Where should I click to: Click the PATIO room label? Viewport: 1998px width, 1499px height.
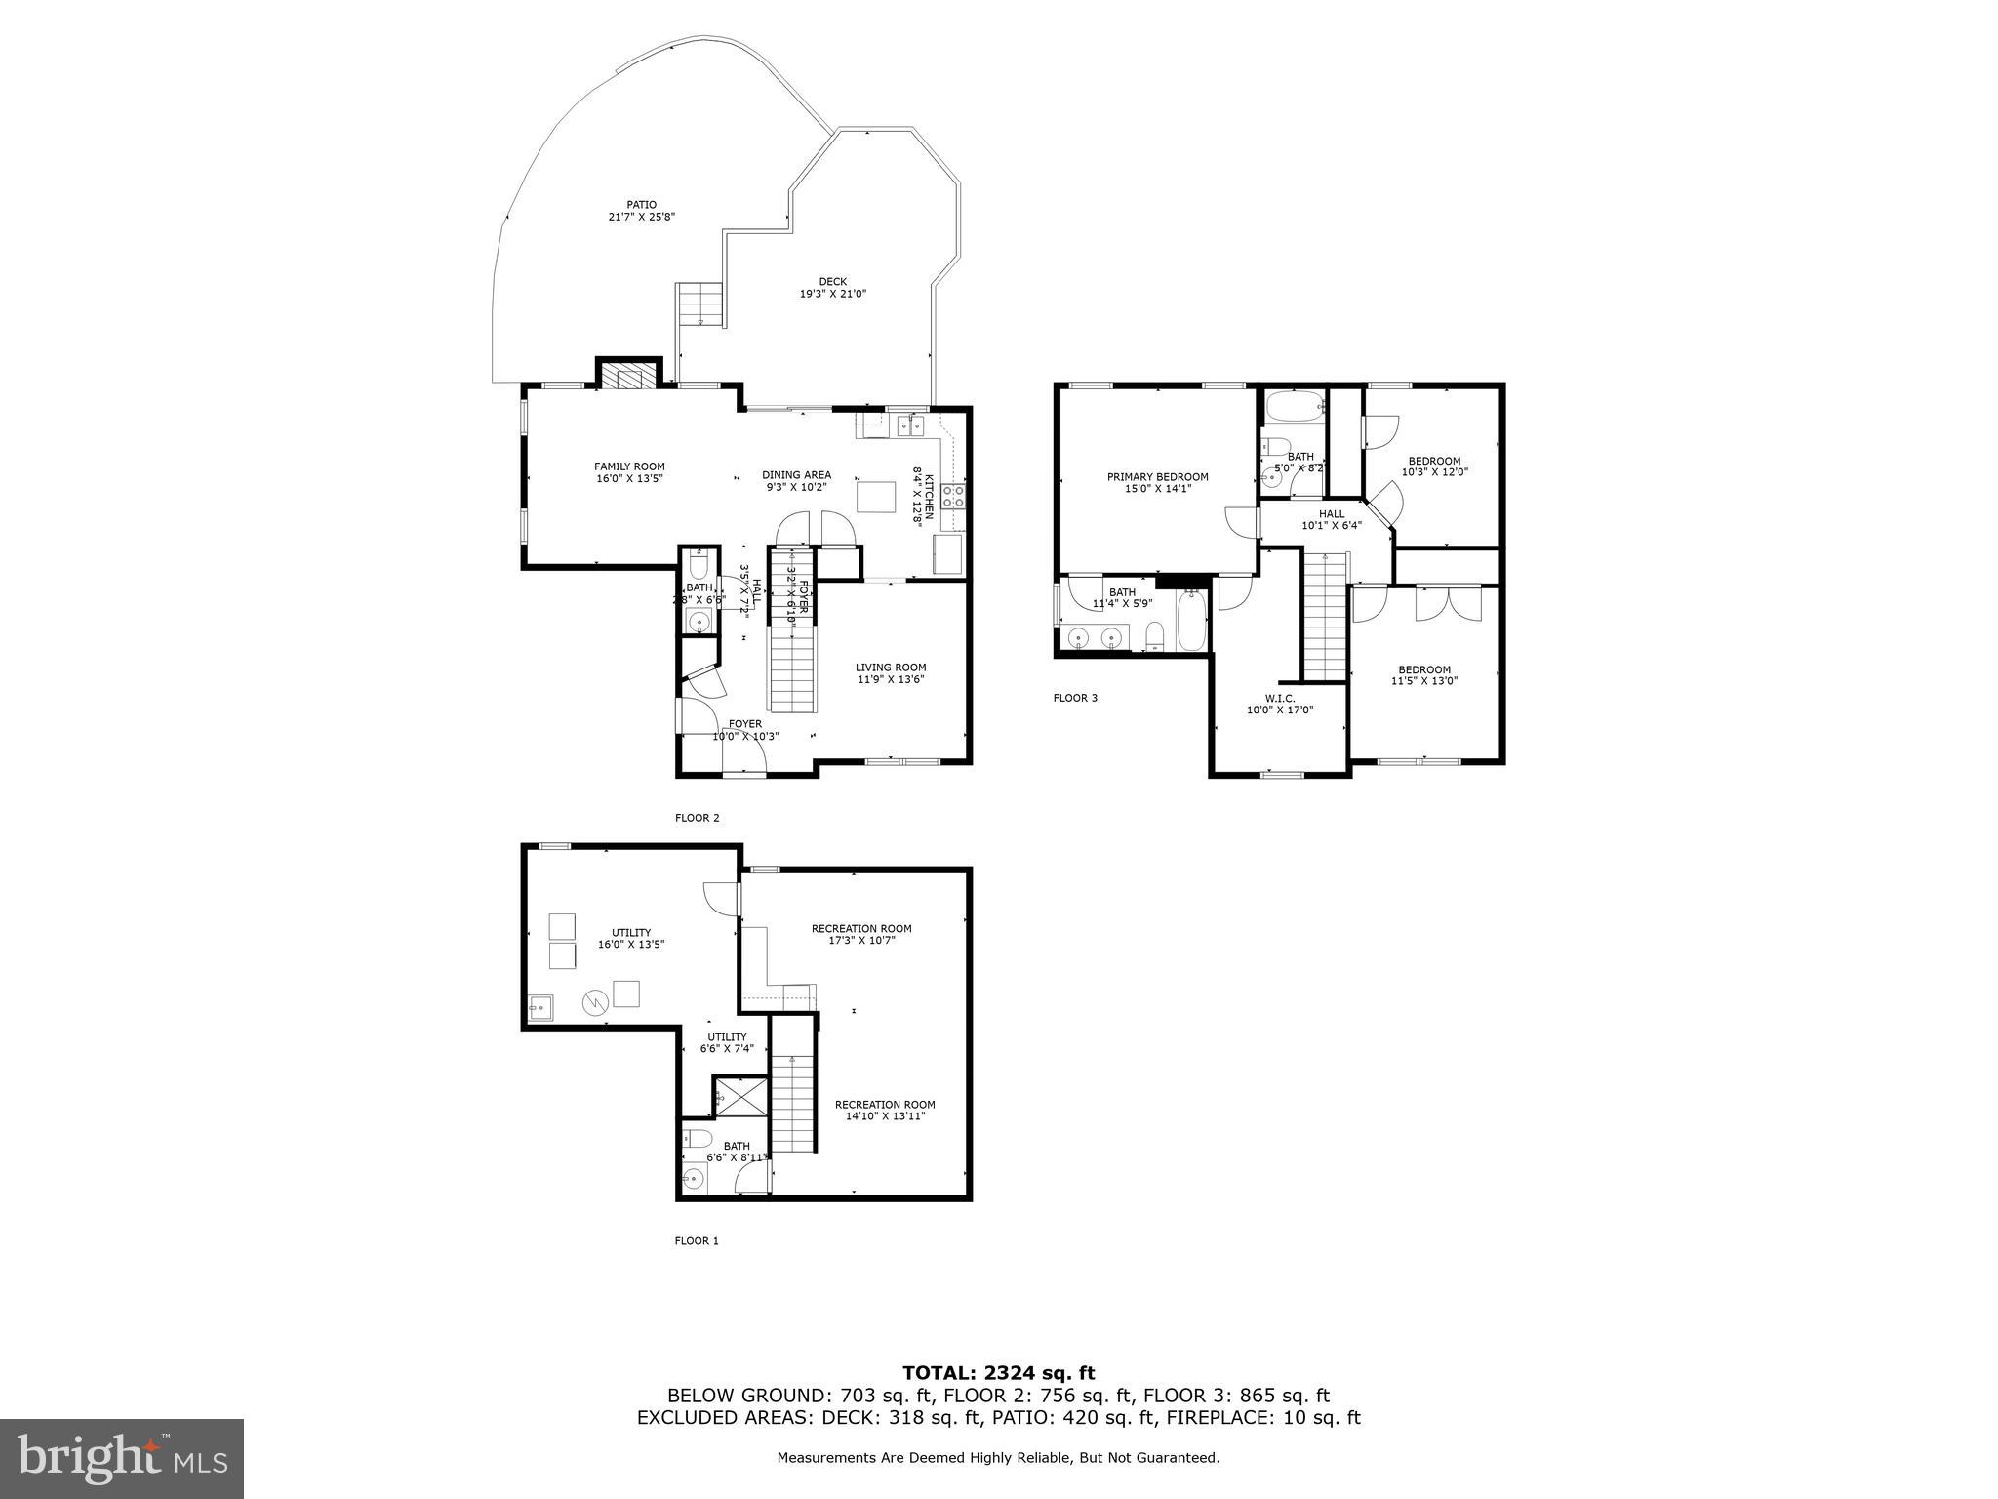click(641, 205)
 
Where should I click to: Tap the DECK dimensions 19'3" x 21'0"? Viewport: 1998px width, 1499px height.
click(833, 294)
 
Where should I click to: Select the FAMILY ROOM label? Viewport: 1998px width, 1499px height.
click(629, 466)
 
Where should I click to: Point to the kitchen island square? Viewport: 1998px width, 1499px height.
click(875, 497)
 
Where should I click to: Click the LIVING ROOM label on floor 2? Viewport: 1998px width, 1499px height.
click(891, 668)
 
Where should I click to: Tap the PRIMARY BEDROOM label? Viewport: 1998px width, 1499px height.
click(1157, 477)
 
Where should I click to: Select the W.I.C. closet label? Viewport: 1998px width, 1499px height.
click(1279, 698)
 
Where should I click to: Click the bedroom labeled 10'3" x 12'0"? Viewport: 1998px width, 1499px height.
click(1434, 466)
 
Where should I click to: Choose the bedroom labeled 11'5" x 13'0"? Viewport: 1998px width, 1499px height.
click(1423, 675)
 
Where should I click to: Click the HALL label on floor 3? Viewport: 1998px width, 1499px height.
click(1332, 514)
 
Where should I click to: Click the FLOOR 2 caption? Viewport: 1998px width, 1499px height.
click(697, 818)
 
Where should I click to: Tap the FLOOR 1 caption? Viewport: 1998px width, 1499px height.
click(697, 1241)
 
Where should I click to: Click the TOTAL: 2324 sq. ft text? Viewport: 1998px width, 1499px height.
click(998, 1374)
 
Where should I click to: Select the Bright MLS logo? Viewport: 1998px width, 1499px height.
click(122, 1458)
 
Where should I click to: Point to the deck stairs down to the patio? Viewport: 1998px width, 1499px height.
click(700, 304)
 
